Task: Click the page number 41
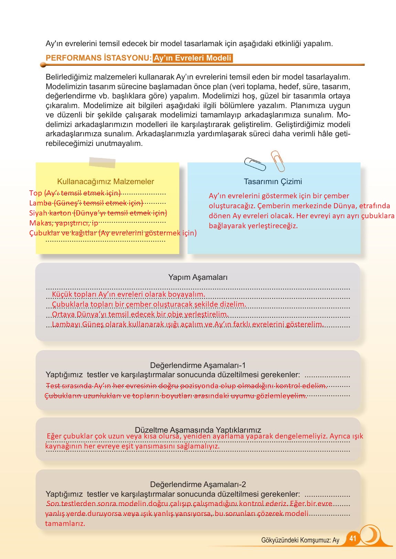click(x=353, y=538)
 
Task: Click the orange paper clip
click(x=278, y=161)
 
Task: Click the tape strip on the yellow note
click(x=102, y=162)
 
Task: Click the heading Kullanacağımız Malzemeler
click(x=105, y=181)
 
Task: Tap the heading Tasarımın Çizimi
click(x=273, y=181)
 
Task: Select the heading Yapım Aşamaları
click(x=198, y=277)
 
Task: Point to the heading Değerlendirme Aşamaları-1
click(x=198, y=365)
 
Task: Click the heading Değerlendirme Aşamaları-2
click(x=198, y=484)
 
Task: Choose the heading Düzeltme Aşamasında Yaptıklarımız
click(x=198, y=430)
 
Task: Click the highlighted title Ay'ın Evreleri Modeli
click(x=193, y=58)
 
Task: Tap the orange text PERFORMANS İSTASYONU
click(x=98, y=58)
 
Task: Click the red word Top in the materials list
click(x=35, y=193)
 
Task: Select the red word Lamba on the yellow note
click(x=40, y=203)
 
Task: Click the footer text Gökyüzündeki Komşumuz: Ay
click(x=300, y=540)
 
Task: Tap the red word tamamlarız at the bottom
click(x=65, y=524)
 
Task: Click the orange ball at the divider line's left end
click(x=43, y=65)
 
